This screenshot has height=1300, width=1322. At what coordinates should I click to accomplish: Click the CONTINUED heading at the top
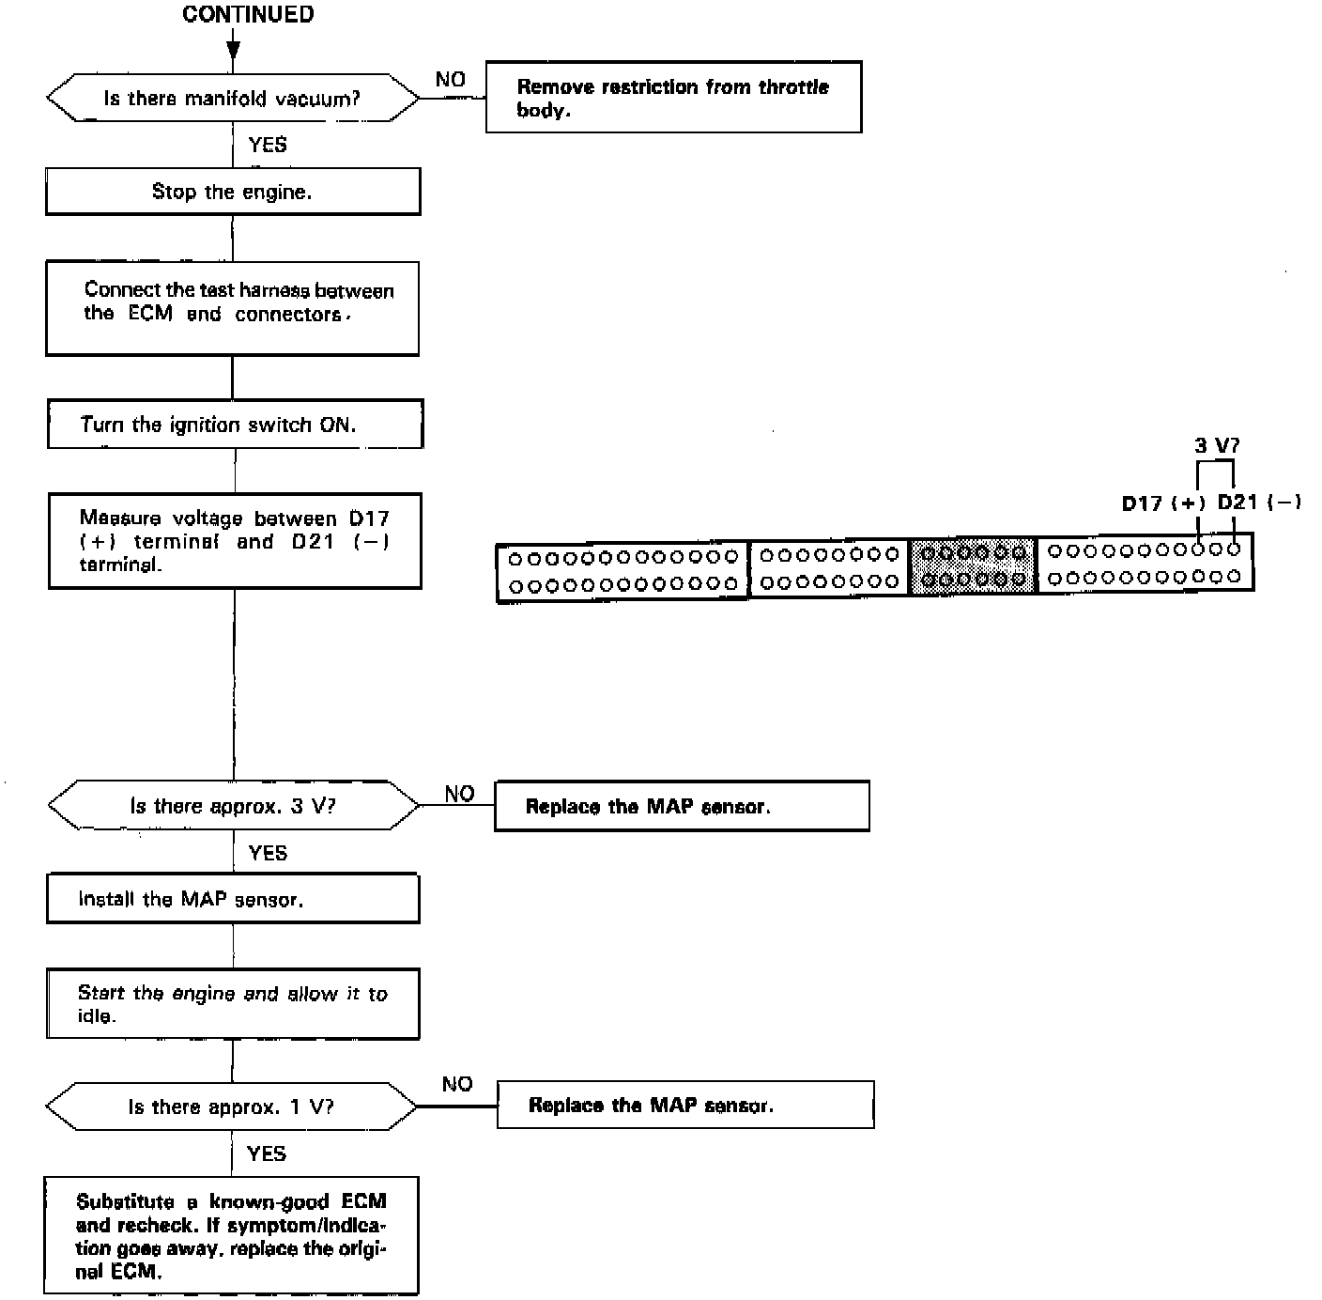[x=248, y=14]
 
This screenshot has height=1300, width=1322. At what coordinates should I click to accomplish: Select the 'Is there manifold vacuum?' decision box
[x=233, y=99]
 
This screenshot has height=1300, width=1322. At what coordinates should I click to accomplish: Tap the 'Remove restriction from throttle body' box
[x=673, y=98]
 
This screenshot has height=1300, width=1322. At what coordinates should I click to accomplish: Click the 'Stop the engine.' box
[x=233, y=192]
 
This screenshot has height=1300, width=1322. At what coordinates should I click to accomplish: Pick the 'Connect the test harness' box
[x=233, y=307]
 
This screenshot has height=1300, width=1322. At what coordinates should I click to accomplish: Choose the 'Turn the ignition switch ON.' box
[x=235, y=424]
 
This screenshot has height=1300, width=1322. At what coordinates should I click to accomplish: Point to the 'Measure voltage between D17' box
[x=235, y=541]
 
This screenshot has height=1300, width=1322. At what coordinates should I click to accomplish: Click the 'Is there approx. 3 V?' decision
[x=233, y=806]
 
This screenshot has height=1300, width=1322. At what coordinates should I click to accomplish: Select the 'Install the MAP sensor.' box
[x=233, y=899]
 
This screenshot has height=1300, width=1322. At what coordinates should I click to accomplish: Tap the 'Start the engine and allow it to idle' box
[x=233, y=1005]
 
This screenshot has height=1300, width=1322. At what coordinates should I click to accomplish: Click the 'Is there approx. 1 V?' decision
[x=231, y=1107]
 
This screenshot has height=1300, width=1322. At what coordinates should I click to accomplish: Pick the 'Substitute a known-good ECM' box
[x=231, y=1236]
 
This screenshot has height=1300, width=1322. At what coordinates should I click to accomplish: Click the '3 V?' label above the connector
[x=1216, y=445]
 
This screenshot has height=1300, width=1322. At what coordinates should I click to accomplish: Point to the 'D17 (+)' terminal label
[x=1163, y=503]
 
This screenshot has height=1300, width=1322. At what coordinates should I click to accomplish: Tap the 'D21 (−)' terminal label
[x=1259, y=502]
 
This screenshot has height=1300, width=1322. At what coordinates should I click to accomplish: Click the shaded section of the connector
[x=974, y=566]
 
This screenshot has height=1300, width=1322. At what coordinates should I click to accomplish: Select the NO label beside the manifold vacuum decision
[x=451, y=80]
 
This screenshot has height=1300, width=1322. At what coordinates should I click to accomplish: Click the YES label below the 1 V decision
[x=267, y=1153]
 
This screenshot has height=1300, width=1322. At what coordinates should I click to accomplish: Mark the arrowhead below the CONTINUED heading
[x=233, y=50]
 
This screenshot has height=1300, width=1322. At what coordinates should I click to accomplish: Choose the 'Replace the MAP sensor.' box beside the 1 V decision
[x=685, y=1105]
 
